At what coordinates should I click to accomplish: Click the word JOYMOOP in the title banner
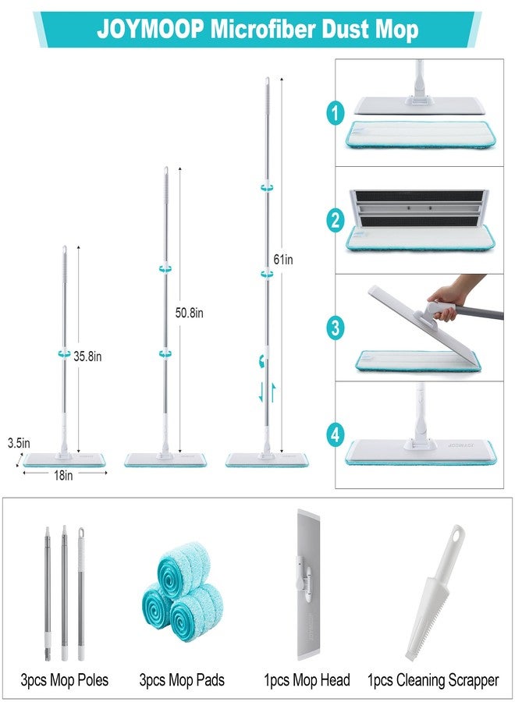tap(150, 30)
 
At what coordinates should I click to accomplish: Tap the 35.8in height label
tap(87, 356)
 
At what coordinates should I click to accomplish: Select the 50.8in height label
tap(189, 313)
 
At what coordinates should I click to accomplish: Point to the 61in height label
tap(283, 259)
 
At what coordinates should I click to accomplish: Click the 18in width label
tap(63, 475)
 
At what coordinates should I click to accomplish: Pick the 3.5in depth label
tap(19, 443)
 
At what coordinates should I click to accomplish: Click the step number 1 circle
tap(336, 112)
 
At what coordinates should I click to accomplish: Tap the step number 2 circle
tap(336, 220)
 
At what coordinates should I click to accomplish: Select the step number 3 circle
tap(336, 328)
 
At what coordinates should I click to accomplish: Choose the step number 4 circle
tap(336, 434)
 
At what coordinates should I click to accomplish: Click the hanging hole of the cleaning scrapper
tap(456, 534)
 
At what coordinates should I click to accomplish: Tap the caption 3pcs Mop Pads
tap(182, 680)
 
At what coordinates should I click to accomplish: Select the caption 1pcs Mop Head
tap(307, 680)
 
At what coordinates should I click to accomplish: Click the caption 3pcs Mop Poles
tap(65, 680)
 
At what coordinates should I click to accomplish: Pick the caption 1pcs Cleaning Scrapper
tap(433, 680)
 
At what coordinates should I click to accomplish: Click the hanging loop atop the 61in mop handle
tap(267, 83)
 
